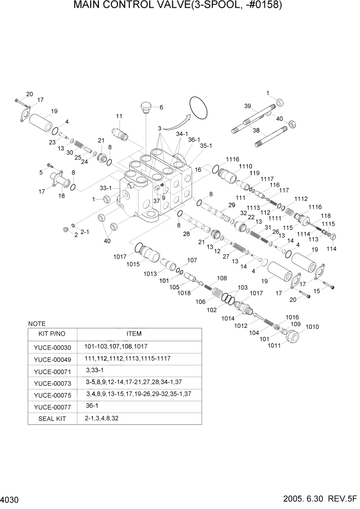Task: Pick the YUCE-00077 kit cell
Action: [x=53, y=406]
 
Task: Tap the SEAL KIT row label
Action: [x=53, y=418]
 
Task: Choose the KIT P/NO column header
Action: [x=53, y=334]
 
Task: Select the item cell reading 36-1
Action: [x=93, y=405]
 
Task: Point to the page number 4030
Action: [x=11, y=499]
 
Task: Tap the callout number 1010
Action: [x=312, y=327]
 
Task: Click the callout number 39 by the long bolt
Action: [x=247, y=106]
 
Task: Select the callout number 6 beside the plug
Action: [x=161, y=107]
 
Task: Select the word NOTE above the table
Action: [x=36, y=324]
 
